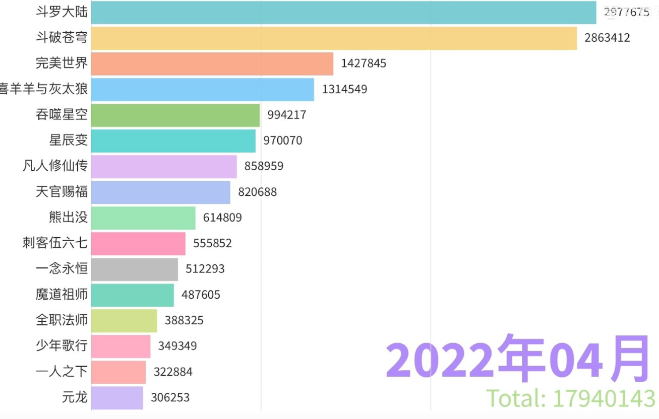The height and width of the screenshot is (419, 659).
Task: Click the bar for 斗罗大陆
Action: pyautogui.click(x=343, y=13)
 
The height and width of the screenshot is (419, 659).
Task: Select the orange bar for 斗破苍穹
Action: pyautogui.click(x=334, y=38)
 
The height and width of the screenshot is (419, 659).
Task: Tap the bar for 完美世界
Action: pyautogui.click(x=212, y=64)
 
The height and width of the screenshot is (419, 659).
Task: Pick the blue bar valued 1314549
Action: pyautogui.click(x=203, y=90)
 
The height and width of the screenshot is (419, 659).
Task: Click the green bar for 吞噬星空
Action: pyautogui.click(x=175, y=115)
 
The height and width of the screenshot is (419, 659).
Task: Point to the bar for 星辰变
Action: pyautogui.click(x=173, y=141)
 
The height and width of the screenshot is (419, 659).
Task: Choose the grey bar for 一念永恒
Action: pyautogui.click(x=135, y=269)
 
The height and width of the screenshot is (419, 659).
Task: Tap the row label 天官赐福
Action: pyautogui.click(x=62, y=192)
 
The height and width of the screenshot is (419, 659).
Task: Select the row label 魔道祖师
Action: pyautogui.click(x=62, y=295)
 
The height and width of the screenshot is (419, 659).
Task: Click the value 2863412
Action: pyautogui.click(x=607, y=38)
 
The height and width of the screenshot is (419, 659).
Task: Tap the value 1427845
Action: pyautogui.click(x=364, y=64)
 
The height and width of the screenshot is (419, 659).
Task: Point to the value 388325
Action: pyautogui.click(x=184, y=321)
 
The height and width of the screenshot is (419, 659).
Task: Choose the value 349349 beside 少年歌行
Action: pyautogui.click(x=177, y=346)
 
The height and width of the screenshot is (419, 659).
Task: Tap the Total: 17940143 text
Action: pyautogui.click(x=571, y=398)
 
